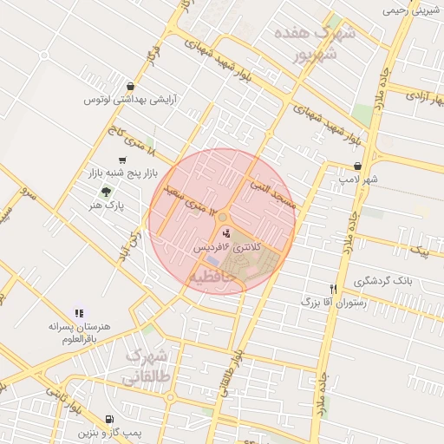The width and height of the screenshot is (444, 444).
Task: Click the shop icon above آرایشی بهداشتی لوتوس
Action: [130, 87]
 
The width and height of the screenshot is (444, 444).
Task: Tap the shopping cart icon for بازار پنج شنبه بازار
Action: [122, 160]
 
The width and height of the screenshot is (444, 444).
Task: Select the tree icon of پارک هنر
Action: [106, 192]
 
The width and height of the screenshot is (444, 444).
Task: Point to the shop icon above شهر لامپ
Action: [357, 166]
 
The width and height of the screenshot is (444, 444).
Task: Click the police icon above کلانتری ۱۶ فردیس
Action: [227, 232]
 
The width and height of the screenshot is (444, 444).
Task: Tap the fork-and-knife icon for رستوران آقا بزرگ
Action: [333, 289]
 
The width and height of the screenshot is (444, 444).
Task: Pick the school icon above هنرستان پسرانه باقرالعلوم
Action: [79, 313]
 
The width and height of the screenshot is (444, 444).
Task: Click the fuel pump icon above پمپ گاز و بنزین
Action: [108, 419]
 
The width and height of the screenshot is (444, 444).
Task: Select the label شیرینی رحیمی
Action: [412, 11]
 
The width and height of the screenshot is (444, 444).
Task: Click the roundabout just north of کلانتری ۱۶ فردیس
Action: [223, 218]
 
